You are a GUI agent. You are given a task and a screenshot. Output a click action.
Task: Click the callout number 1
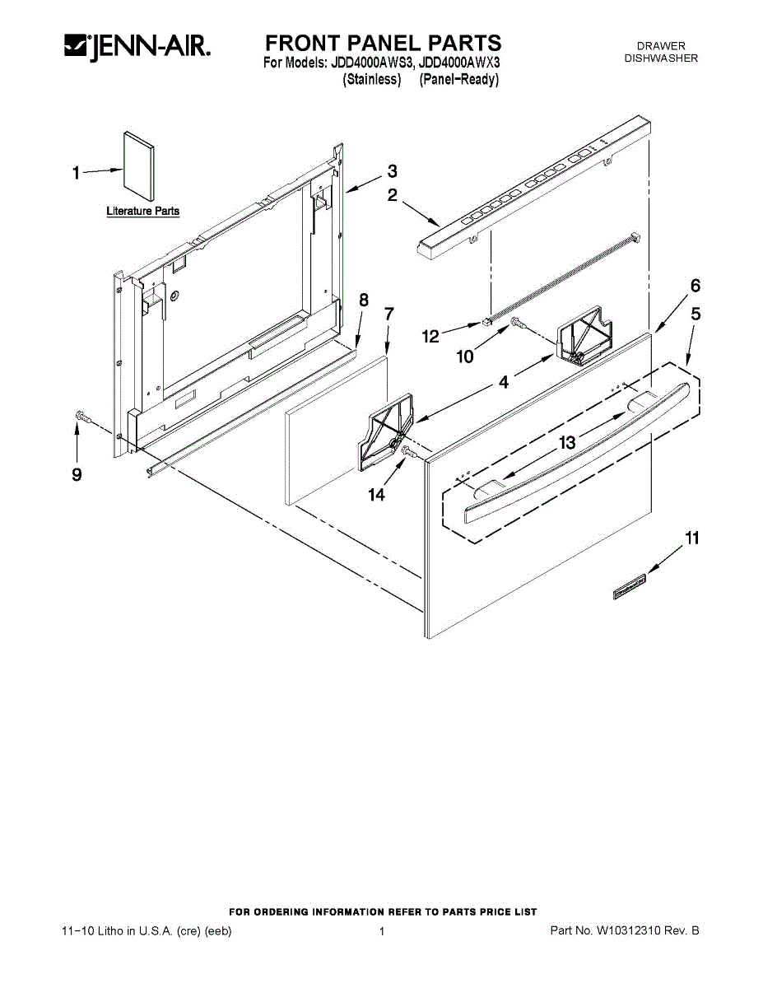tap(76, 173)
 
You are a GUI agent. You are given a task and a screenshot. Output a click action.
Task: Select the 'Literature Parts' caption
tap(142, 212)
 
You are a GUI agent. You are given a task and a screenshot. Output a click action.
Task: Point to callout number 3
tap(393, 171)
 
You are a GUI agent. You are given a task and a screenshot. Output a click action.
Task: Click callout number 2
tap(393, 195)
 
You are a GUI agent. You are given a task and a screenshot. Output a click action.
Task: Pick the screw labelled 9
tap(81, 417)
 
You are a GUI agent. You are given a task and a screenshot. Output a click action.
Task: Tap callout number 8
tap(364, 300)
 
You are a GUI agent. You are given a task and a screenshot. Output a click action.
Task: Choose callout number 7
tap(389, 314)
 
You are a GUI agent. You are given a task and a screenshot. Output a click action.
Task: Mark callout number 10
tap(465, 357)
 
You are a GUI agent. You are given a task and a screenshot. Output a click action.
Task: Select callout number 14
tap(376, 495)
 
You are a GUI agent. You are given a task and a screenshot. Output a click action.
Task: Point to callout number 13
tap(567, 443)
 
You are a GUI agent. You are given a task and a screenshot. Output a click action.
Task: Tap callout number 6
tap(696, 286)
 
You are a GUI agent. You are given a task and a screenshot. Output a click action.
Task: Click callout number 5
tap(696, 314)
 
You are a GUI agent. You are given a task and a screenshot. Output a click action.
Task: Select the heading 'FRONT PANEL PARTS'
tap(383, 43)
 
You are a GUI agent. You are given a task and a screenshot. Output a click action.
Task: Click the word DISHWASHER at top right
tap(661, 58)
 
